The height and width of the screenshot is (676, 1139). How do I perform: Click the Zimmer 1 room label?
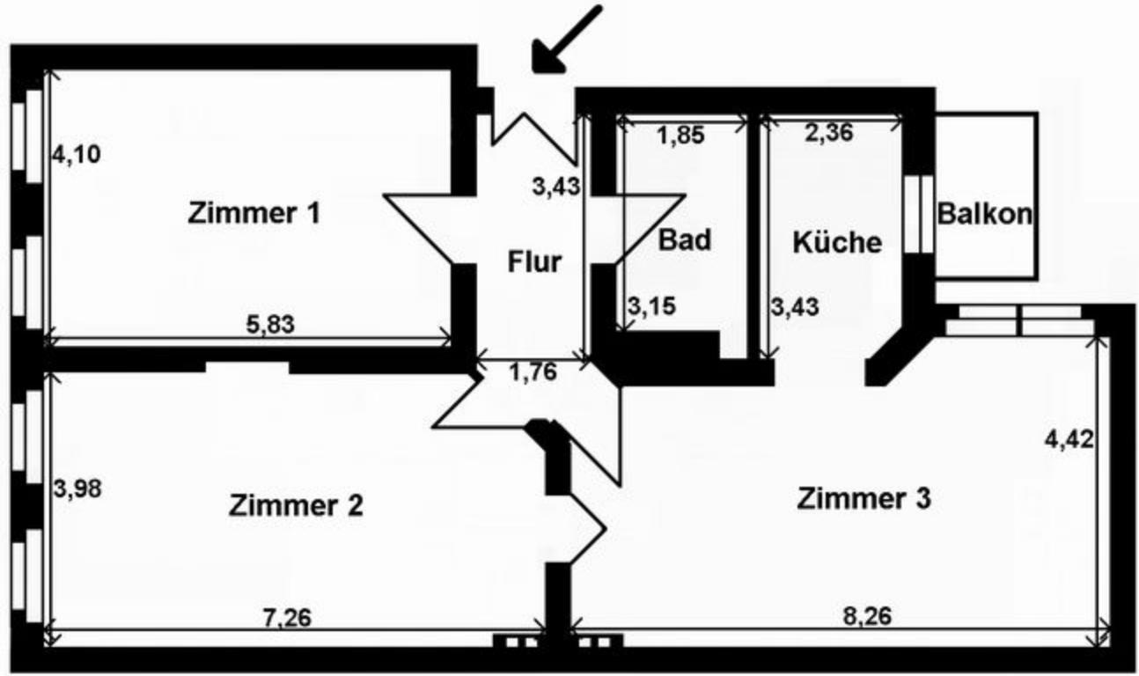pyautogui.click(x=254, y=213)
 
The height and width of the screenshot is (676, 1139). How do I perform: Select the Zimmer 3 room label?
pyautogui.click(x=863, y=499)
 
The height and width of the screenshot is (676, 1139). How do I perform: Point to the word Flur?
pyautogui.click(x=534, y=262)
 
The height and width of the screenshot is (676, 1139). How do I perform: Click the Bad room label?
pyautogui.click(x=685, y=239)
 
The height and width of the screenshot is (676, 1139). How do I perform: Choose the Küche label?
pyautogui.click(x=836, y=242)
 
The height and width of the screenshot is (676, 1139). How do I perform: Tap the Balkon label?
pyautogui.click(x=984, y=214)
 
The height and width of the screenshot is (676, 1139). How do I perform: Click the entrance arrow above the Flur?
pyautogui.click(x=566, y=40)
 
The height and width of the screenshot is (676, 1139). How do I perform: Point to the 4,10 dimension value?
pyautogui.click(x=77, y=155)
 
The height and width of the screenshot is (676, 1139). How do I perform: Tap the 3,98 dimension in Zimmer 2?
pyautogui.click(x=77, y=488)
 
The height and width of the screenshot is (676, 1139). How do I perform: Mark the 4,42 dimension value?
pyautogui.click(x=1069, y=438)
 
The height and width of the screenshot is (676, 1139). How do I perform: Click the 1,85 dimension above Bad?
pyautogui.click(x=681, y=136)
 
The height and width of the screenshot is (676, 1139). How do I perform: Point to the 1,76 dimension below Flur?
pyautogui.click(x=533, y=372)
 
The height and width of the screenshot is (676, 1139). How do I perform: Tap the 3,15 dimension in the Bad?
pyautogui.click(x=647, y=307)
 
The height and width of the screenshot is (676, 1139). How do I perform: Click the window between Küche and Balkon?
pyautogui.click(x=919, y=214)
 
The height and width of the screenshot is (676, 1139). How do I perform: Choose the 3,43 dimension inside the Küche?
pyautogui.click(x=795, y=307)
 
